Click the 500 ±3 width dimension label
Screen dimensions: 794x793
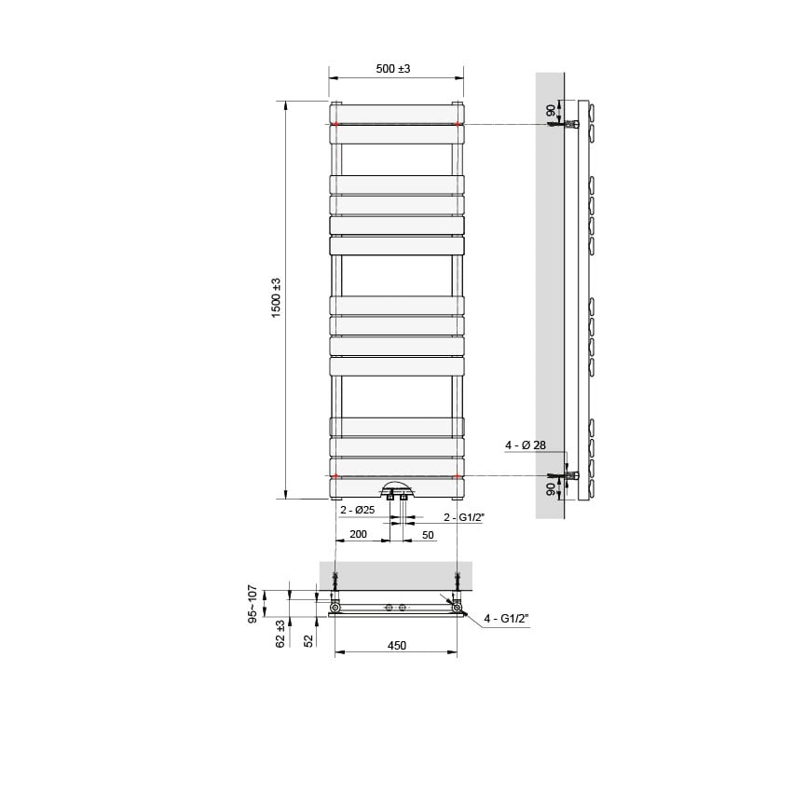click(392, 70)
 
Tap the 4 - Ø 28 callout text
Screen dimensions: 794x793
click(526, 446)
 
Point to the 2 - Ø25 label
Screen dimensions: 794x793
click(357, 511)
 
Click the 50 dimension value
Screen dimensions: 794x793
click(429, 535)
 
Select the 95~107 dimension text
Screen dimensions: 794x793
click(252, 606)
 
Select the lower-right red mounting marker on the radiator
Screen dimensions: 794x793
click(458, 476)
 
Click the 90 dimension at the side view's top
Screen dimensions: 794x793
click(551, 110)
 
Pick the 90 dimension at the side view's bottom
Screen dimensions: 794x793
click(551, 487)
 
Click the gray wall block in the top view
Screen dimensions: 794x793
click(395, 574)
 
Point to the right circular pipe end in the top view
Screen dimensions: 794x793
click(456, 609)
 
